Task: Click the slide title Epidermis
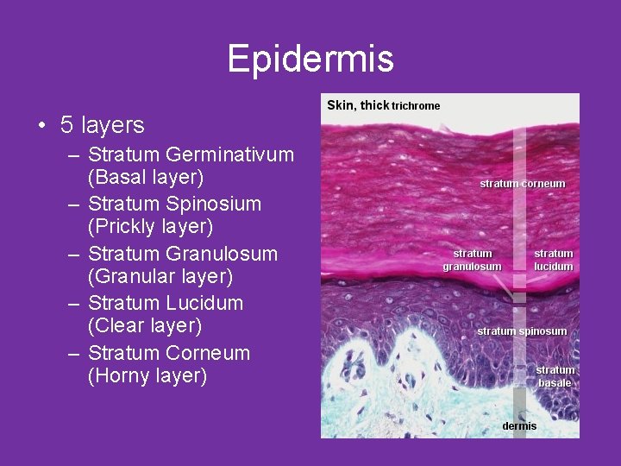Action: [310, 59]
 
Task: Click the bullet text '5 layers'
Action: [102, 126]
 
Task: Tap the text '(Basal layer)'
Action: [146, 178]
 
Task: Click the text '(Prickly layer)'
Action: [150, 227]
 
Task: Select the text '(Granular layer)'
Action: [160, 277]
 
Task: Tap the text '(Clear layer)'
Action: [145, 326]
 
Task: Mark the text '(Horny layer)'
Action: [147, 376]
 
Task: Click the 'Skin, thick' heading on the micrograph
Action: [358, 105]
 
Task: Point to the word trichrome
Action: [416, 106]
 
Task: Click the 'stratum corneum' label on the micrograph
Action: [522, 184]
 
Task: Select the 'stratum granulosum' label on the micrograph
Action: [472, 260]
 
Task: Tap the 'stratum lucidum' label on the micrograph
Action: [553, 260]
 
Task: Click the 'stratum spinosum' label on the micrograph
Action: [522, 331]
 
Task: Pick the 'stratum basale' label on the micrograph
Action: [555, 376]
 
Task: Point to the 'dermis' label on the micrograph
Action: [519, 426]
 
